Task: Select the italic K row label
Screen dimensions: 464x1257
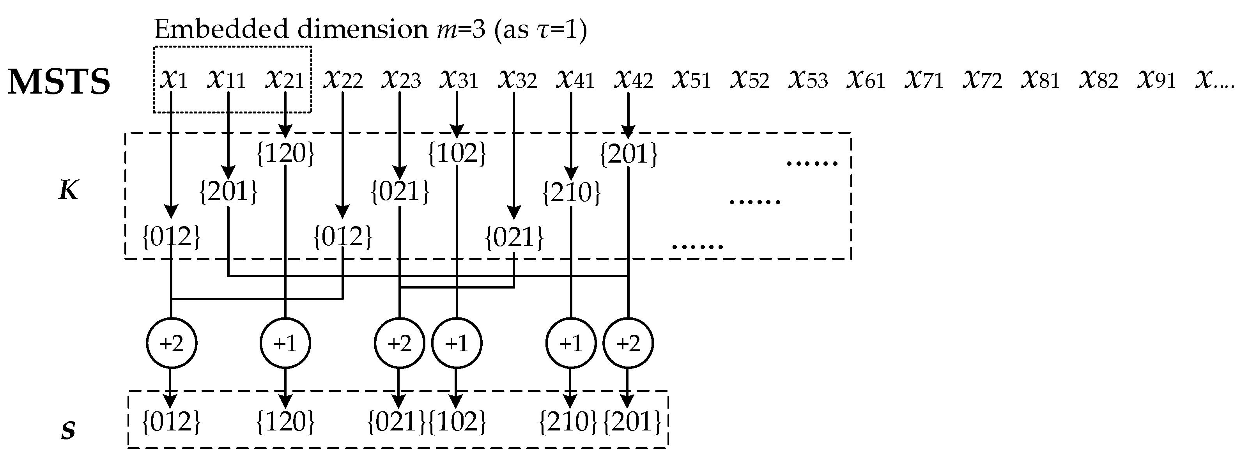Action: click(x=68, y=190)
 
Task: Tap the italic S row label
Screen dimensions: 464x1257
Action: click(x=68, y=430)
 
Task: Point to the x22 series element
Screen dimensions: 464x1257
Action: click(x=343, y=79)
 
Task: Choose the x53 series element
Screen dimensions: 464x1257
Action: click(x=807, y=79)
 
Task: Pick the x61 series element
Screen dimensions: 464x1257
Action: click(x=866, y=79)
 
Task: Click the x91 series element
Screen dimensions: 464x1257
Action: click(x=1156, y=79)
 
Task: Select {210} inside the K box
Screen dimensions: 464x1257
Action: click(x=572, y=192)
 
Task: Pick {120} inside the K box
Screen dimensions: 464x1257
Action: click(x=285, y=153)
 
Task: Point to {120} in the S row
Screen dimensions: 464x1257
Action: click(x=285, y=421)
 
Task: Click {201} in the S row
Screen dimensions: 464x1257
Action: click(x=632, y=421)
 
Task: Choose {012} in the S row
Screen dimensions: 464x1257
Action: click(x=171, y=421)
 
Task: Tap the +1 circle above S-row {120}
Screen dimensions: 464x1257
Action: click(x=285, y=344)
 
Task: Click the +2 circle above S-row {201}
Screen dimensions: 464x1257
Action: click(x=628, y=344)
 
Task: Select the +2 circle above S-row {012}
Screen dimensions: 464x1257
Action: click(x=171, y=344)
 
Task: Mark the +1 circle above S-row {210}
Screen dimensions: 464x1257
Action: click(x=570, y=344)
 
